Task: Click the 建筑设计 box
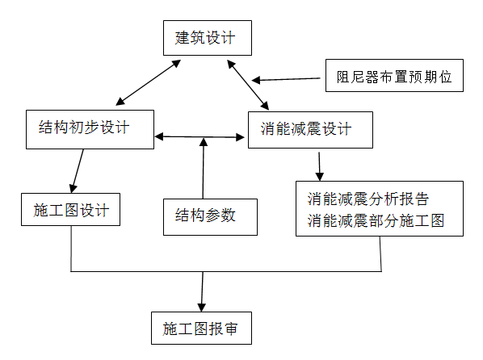pyautogui.click(x=202, y=38)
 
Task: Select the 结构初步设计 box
pyautogui.click(x=89, y=128)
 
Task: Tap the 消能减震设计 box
pyautogui.click(x=310, y=128)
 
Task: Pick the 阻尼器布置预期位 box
pyautogui.click(x=398, y=78)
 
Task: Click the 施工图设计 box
pyautogui.click(x=72, y=211)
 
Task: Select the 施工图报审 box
pyautogui.click(x=201, y=329)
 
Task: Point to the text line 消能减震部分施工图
pyautogui.click(x=376, y=220)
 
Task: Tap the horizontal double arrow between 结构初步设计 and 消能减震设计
pyautogui.click(x=199, y=136)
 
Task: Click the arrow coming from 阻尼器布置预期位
pyautogui.click(x=288, y=79)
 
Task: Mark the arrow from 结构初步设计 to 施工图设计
pyautogui.click(x=78, y=169)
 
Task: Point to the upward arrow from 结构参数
pyautogui.click(x=203, y=170)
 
